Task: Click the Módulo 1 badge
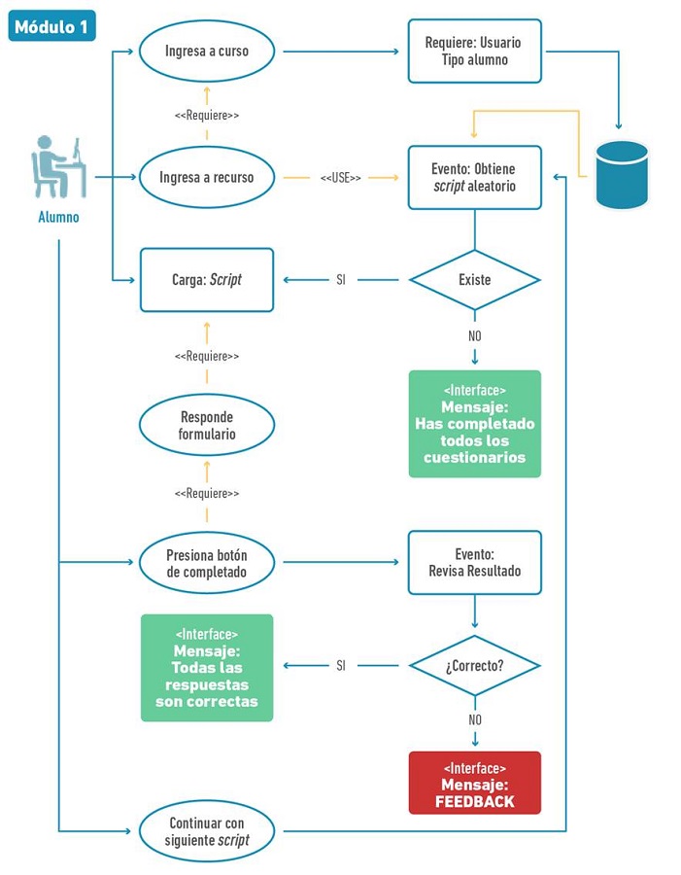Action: [x=51, y=26]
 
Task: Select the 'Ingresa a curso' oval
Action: [x=207, y=51]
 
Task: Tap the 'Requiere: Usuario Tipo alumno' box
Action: [x=474, y=52]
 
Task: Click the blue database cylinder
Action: [x=622, y=174]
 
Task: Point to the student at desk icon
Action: [x=58, y=166]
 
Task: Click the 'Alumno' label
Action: [x=58, y=217]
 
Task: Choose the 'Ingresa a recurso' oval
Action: [x=207, y=178]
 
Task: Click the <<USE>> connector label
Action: [x=340, y=179]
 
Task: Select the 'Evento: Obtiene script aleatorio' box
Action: [x=474, y=178]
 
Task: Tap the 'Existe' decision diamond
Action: [x=474, y=280]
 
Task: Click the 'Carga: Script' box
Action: [x=207, y=280]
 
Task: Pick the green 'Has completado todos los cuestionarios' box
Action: [x=474, y=424]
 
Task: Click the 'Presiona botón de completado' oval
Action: [x=207, y=563]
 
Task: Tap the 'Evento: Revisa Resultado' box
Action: [x=474, y=562]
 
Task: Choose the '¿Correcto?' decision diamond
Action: [x=474, y=666]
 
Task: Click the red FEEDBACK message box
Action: [x=474, y=783]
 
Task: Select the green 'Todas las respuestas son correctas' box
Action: [x=207, y=667]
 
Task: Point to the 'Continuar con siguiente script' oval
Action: [x=207, y=831]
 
